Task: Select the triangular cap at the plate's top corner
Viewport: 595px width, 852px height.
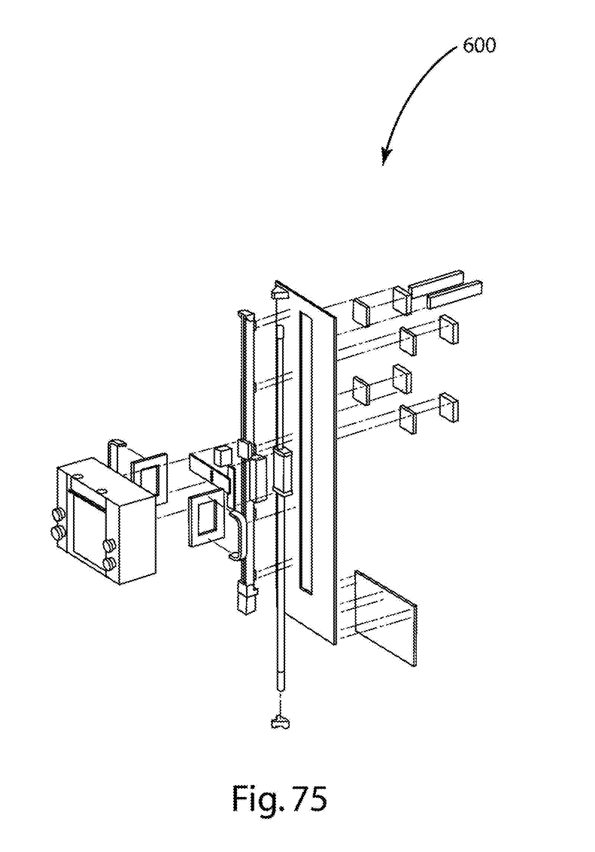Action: tap(279, 292)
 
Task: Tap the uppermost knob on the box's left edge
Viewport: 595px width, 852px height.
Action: tap(57, 513)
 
